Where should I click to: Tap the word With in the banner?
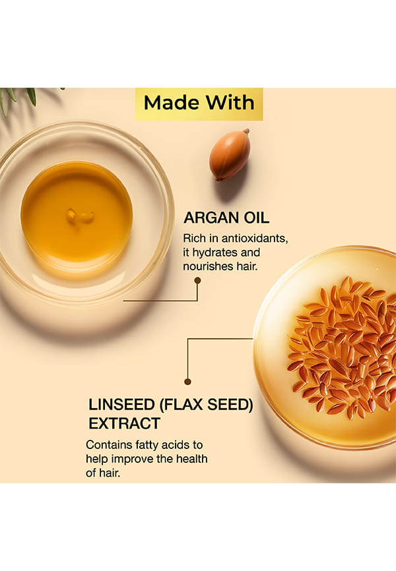(229, 102)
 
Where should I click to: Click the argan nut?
(230, 155)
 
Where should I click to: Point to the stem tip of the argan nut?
(247, 130)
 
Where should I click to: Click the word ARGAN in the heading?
(211, 218)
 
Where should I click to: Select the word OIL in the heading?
(256, 218)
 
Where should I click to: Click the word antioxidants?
(255, 239)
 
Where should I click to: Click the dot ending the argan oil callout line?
(197, 280)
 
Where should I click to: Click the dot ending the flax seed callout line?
(188, 382)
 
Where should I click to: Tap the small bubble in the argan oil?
(79, 217)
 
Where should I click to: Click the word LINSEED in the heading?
(122, 405)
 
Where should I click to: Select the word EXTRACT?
(124, 423)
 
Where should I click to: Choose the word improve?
(133, 459)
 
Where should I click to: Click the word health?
(192, 458)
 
